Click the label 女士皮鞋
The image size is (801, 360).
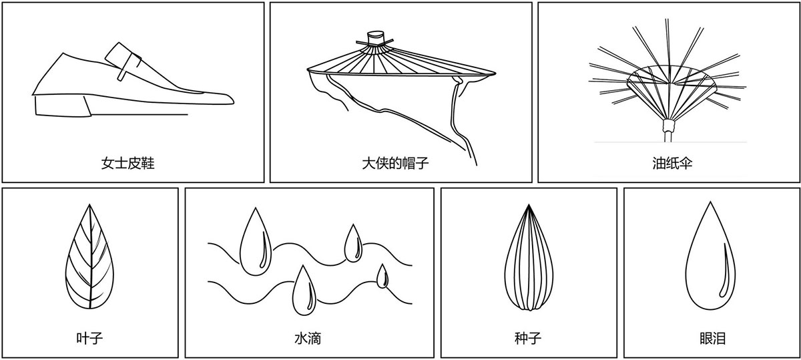[128, 163]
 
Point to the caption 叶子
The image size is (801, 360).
[89, 338]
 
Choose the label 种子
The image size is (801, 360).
[528, 338]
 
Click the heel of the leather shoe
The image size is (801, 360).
[60, 106]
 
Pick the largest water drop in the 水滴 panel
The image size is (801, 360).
[254, 244]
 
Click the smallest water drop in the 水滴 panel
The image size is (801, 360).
[382, 277]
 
